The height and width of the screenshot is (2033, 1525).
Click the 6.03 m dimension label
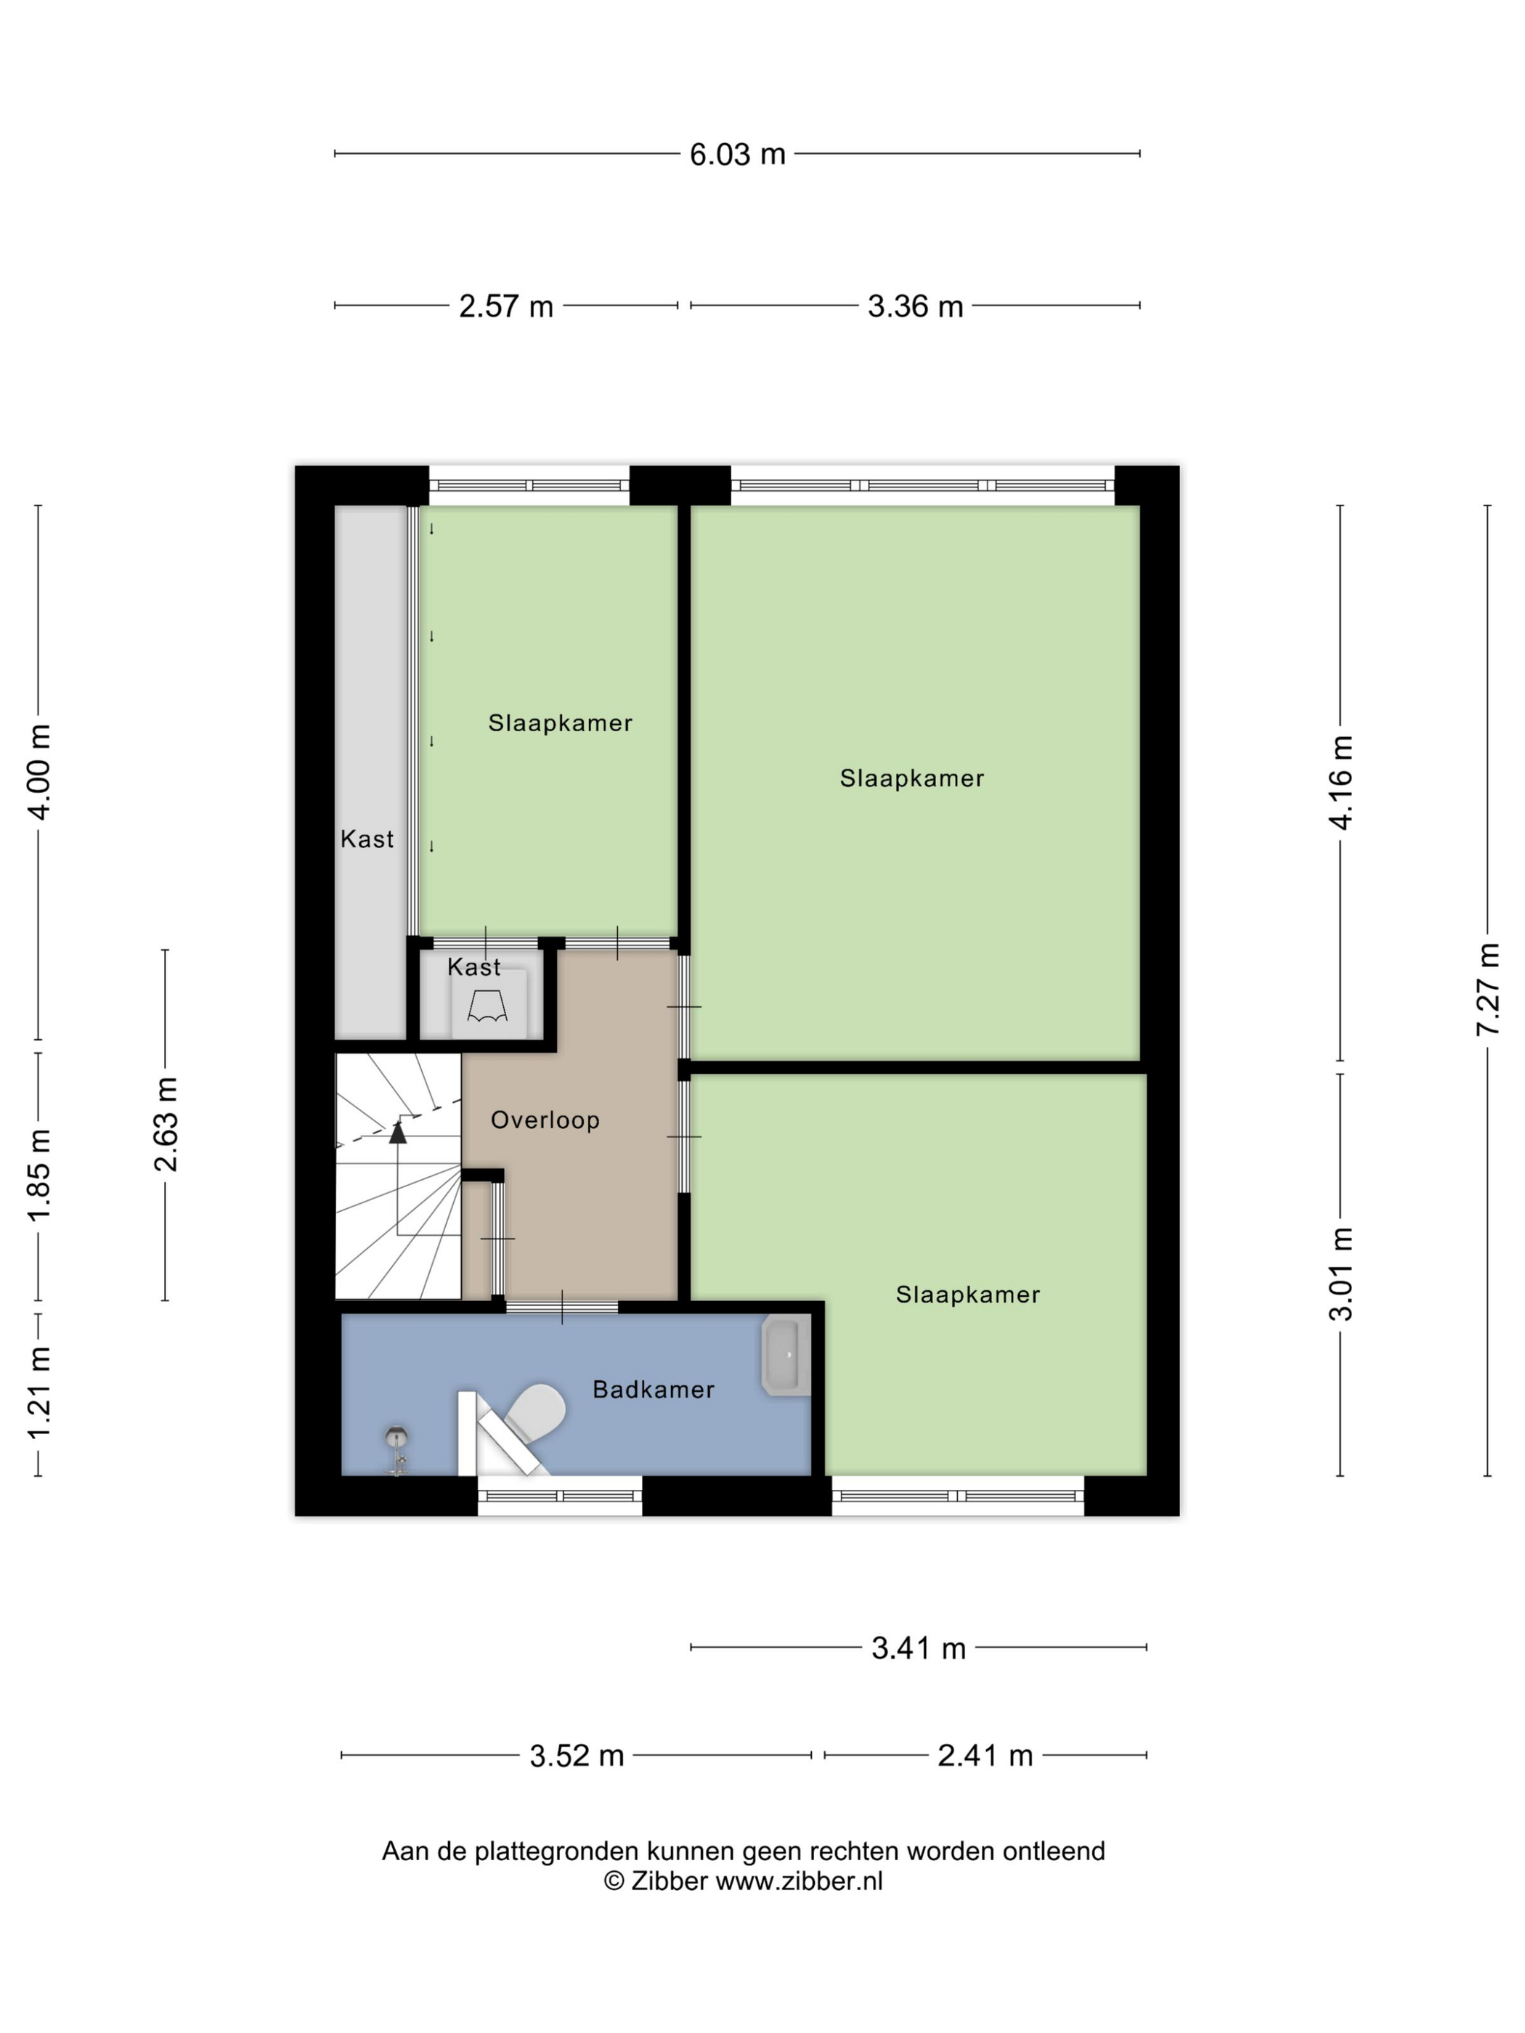737,155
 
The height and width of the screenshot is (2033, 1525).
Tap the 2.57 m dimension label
505,306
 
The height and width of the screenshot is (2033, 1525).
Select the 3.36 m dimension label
914,306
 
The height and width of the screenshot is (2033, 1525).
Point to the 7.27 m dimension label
1487,989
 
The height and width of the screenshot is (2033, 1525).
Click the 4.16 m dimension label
1341,782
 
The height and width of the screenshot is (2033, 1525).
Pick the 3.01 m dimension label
1341,1274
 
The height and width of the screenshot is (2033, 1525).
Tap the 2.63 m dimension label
166,1124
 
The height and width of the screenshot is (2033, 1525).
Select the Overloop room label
545,1120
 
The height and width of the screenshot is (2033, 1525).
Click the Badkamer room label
653,1390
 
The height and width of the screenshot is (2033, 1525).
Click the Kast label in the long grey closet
367,839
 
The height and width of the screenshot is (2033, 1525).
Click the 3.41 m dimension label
919,1649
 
